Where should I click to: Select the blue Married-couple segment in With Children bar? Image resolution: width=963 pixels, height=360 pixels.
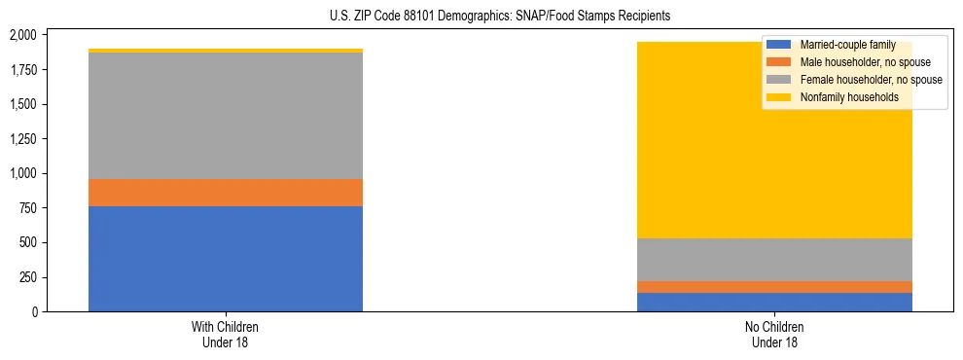226,259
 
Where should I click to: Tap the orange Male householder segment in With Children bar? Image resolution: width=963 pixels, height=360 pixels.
226,193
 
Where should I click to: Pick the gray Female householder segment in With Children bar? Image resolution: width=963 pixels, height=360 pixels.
226,116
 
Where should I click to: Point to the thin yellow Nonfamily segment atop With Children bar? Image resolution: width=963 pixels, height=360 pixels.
226,51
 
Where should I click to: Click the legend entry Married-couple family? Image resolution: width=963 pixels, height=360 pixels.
847,45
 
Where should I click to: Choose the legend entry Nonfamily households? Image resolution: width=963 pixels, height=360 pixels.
849,97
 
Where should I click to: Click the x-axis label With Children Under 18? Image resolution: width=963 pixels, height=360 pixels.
226,334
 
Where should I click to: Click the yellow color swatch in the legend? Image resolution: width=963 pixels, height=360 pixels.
779,97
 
